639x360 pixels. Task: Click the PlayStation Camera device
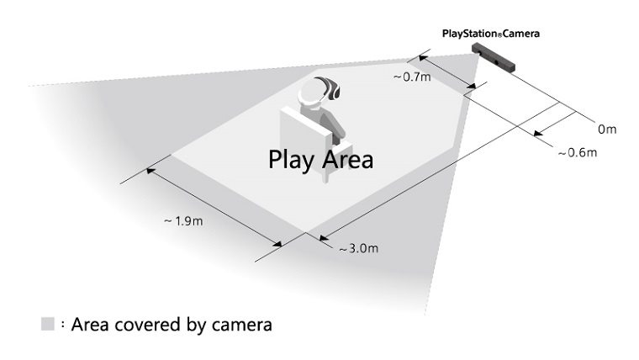coord(493,57)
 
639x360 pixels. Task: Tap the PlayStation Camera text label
coord(491,34)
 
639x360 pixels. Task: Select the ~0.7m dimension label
coord(412,77)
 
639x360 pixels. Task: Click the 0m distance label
coord(607,130)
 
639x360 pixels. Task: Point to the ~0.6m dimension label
coord(578,152)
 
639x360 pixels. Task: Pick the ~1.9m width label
coord(183,221)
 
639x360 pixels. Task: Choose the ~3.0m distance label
coord(359,248)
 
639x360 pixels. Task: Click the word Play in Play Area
coord(291,160)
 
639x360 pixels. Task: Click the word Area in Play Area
coord(346,160)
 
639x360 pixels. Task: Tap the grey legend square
coord(48,324)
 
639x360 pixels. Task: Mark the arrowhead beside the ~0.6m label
coord(539,133)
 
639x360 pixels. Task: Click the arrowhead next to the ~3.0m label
coord(325,238)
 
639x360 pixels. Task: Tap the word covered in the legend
coord(148,325)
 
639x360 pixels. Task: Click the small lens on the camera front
coord(497,62)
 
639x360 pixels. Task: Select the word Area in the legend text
coord(91,325)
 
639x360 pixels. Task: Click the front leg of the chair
coord(325,176)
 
